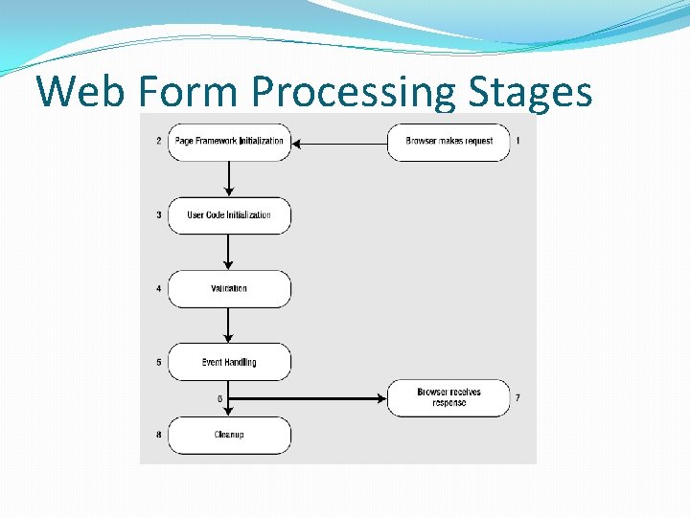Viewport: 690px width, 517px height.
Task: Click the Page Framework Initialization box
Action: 229,142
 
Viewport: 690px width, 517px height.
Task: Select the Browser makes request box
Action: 448,142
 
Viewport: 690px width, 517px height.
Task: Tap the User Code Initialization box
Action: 229,215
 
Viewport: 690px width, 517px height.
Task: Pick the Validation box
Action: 229,288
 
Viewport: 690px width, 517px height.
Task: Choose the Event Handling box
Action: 229,362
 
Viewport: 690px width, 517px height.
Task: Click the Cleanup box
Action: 229,435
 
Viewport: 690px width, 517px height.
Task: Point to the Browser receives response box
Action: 448,397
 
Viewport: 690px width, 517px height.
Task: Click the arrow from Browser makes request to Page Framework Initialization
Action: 339,144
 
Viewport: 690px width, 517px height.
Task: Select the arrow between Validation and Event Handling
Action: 229,326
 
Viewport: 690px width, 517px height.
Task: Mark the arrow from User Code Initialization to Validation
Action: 229,252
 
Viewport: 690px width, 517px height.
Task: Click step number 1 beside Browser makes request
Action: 518,141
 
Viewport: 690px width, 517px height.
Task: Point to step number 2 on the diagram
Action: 158,142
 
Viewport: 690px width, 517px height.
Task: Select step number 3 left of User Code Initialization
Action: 158,215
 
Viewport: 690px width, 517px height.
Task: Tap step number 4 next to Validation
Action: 158,288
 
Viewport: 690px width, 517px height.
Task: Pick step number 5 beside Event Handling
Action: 158,362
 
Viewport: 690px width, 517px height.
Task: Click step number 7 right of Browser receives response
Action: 518,397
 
